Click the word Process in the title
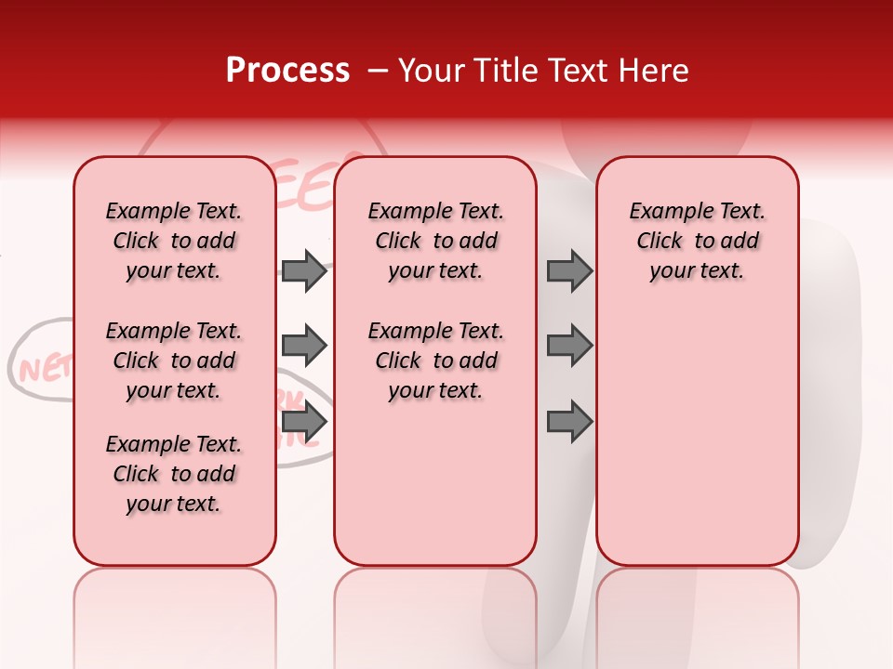click(x=287, y=71)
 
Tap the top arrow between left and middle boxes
click(x=304, y=271)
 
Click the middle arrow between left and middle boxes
click(x=304, y=346)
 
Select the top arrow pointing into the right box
click(x=569, y=271)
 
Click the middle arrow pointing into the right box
click(x=569, y=346)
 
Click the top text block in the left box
click(x=174, y=241)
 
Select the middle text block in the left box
click(x=174, y=361)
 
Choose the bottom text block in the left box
click(x=174, y=474)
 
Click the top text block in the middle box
click(x=435, y=241)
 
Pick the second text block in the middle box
click(x=435, y=361)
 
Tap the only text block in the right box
click(x=697, y=241)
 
